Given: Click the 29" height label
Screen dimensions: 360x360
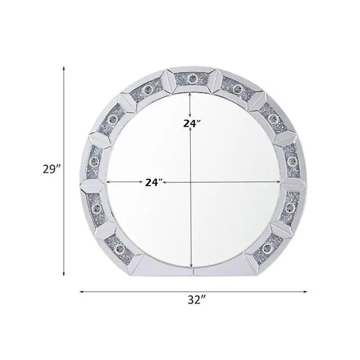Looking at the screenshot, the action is (52, 170).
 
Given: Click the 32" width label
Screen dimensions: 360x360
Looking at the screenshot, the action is (197, 300).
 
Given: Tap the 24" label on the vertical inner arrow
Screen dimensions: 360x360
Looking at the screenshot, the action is (192, 124).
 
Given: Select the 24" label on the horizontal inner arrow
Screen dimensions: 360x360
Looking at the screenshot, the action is (154, 182).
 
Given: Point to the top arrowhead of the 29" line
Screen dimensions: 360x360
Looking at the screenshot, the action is (64, 68).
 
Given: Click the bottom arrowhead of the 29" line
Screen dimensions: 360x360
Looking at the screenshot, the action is (64, 274).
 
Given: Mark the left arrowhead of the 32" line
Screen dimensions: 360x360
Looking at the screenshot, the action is (81, 292).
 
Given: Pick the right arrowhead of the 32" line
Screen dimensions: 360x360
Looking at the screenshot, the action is (305, 292).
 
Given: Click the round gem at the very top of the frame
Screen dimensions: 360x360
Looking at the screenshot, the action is (191, 79).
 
